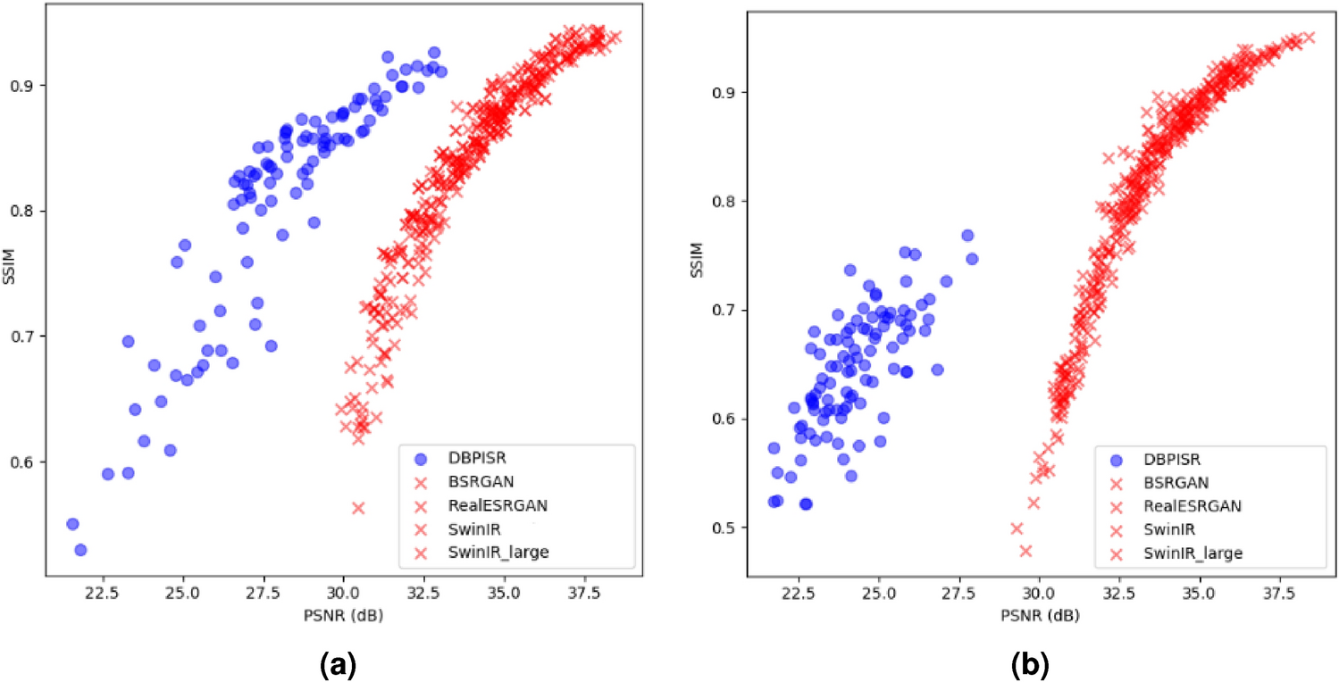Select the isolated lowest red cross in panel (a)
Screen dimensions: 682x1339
tap(358, 507)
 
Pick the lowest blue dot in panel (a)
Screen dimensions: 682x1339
tap(80, 549)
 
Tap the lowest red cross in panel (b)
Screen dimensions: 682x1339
tap(1025, 550)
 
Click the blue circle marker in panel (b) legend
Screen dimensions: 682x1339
tap(1114, 459)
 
